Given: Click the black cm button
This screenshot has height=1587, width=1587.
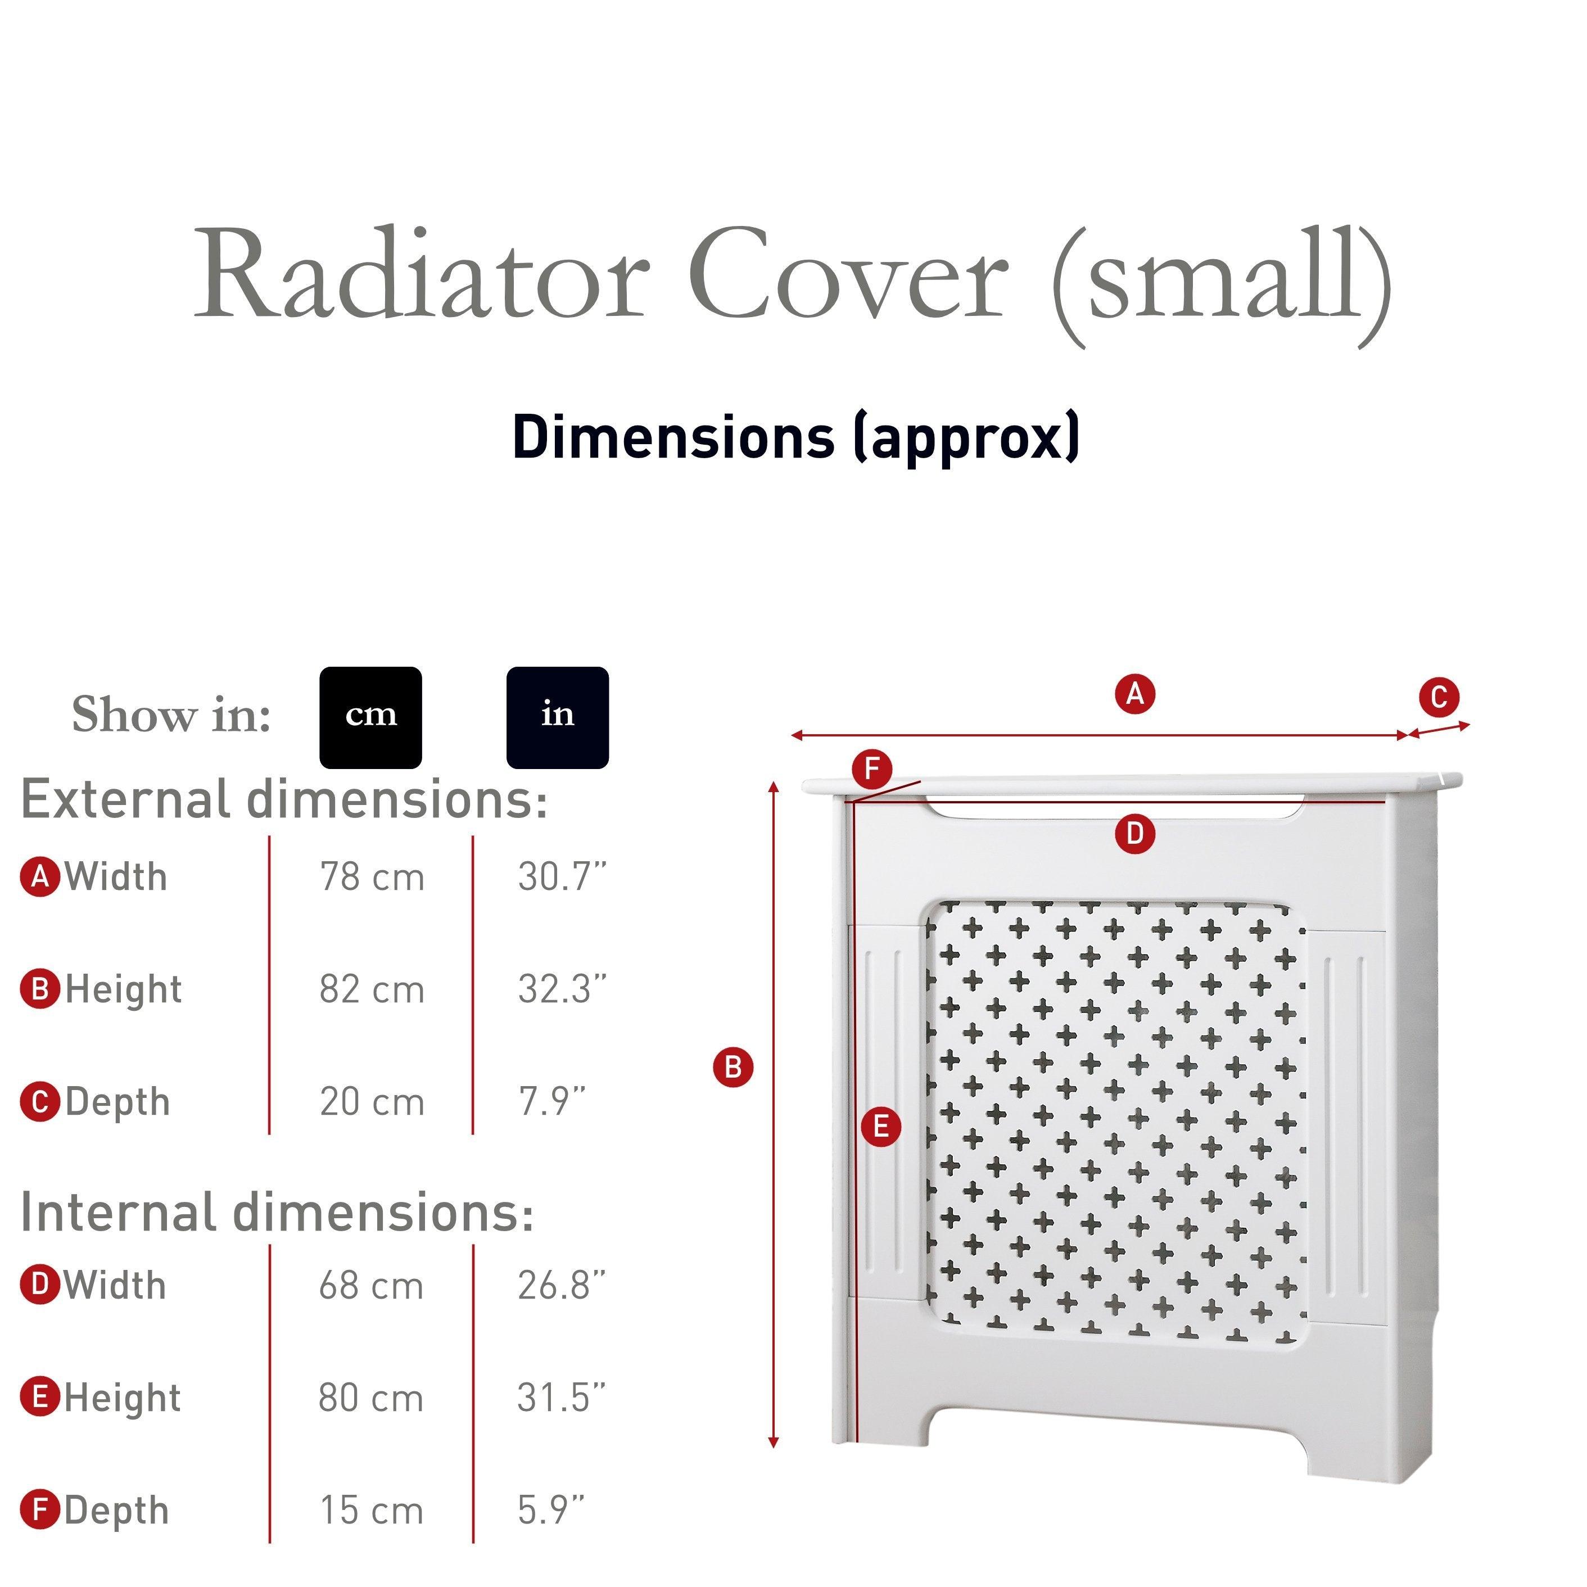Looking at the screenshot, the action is (370, 717).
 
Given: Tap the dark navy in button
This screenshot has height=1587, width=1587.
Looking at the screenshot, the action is (557, 717).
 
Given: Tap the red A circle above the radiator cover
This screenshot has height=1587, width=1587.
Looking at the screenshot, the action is (1135, 694).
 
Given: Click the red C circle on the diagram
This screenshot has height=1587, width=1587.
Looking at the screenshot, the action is (1439, 698).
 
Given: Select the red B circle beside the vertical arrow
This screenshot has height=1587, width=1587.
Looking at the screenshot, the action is (734, 1067).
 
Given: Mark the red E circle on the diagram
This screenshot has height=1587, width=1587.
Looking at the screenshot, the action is (880, 1126).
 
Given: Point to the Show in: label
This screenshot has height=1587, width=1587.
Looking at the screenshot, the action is (171, 715).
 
